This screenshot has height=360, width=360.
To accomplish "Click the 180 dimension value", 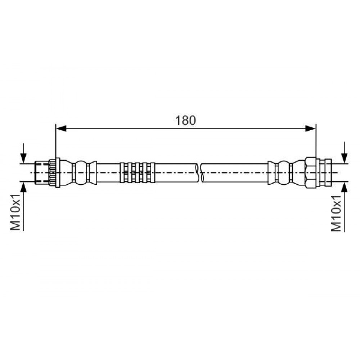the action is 185,121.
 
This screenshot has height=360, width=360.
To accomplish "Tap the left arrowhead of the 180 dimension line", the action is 61,129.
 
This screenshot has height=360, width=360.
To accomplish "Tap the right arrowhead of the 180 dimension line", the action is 311,129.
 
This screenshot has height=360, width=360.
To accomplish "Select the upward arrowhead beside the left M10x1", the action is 23,187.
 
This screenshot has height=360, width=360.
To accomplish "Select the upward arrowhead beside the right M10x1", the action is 345,187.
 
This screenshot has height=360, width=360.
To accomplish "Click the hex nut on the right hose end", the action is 311,173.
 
